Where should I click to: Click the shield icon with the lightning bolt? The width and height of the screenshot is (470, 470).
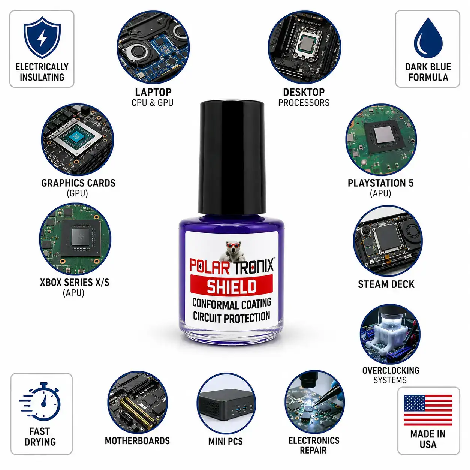click(42, 37)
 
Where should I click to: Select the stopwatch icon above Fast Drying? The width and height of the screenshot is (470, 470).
click(40, 402)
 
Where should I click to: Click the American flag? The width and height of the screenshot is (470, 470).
click(428, 410)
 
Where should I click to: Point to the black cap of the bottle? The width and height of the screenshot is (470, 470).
click(232, 158)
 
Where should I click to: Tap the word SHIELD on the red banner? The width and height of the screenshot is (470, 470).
click(232, 286)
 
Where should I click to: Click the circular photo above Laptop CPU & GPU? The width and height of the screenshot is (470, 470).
click(153, 47)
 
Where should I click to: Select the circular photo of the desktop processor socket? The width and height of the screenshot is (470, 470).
click(304, 47)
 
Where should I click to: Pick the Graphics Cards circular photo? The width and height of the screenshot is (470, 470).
click(78, 139)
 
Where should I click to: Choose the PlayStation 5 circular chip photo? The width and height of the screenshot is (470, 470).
click(381, 140)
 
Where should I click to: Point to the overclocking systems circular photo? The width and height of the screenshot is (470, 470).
click(390, 334)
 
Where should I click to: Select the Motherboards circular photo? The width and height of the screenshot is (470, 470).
click(137, 403)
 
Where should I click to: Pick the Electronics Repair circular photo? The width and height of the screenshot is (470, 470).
click(314, 402)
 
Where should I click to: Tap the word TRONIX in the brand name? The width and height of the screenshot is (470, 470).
click(254, 266)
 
